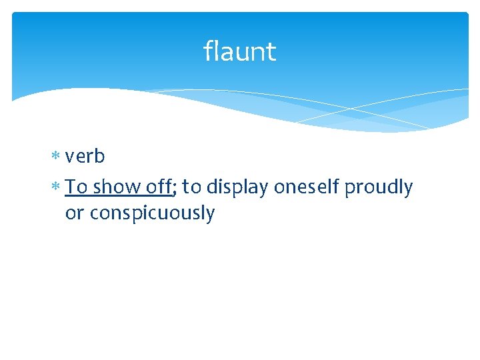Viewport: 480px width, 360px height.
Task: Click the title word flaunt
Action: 239,51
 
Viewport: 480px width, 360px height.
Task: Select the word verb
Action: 85,156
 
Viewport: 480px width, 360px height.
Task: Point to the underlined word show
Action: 116,187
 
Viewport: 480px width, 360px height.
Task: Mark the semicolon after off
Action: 175,189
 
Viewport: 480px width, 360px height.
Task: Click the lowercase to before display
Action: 191,187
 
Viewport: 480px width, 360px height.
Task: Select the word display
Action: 237,187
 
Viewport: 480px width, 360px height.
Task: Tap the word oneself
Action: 307,187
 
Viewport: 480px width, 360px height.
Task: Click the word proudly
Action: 379,187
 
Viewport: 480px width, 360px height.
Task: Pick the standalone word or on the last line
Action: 74,214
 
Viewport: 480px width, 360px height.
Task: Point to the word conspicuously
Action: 152,214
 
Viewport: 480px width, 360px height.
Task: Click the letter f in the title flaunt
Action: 208,51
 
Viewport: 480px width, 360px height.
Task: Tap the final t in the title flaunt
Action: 271,52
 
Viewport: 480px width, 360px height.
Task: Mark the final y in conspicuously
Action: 210,216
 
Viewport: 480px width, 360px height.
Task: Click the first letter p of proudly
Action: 350,189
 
